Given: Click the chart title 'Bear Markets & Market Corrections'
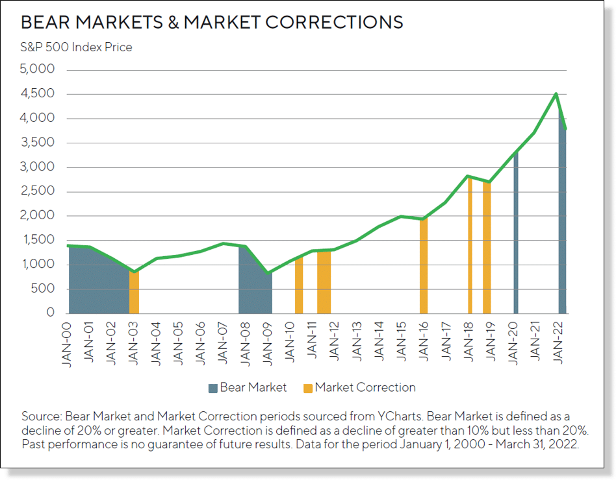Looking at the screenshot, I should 212,22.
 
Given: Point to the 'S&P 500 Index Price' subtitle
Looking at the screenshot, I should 77,47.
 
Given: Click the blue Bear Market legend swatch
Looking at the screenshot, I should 212,388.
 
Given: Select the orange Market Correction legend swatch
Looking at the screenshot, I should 307,388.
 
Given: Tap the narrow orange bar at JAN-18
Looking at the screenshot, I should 469,246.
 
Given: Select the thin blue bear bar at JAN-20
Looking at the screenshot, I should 515,234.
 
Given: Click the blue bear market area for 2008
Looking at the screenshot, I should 253,285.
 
